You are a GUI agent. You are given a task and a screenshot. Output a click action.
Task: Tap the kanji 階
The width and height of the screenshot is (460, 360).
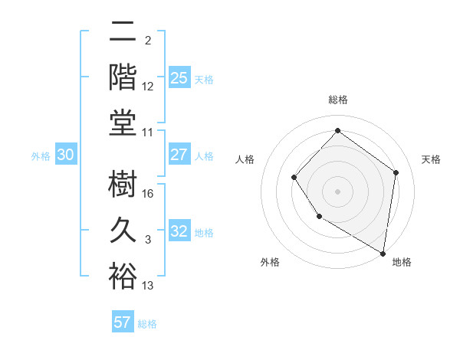(123, 77)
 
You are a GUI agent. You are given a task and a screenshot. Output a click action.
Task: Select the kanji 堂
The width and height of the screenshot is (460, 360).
(123, 123)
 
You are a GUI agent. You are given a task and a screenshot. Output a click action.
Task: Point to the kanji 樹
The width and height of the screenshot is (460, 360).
(123, 185)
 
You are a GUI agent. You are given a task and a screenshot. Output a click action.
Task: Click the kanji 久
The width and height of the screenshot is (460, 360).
(123, 231)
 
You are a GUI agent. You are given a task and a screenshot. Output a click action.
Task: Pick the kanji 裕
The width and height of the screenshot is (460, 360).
(123, 276)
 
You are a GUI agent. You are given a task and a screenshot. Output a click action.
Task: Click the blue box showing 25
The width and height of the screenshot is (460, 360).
(179, 77)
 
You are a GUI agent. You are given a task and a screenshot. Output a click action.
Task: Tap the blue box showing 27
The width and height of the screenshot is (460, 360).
(179, 155)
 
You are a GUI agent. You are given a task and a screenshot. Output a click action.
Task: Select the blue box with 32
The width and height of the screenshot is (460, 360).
(179, 231)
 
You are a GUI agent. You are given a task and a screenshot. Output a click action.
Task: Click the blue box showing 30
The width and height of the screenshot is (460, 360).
(66, 155)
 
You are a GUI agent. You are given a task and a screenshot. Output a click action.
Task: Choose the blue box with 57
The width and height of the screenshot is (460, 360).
(123, 322)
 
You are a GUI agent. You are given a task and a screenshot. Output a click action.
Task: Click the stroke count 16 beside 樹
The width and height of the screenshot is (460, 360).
(149, 194)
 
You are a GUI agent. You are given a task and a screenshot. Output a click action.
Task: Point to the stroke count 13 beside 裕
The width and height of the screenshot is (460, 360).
(149, 286)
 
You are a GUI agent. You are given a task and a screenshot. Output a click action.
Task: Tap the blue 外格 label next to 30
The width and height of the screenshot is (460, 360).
(41, 156)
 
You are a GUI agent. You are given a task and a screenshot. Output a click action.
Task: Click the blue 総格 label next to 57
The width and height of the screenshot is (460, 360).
(147, 324)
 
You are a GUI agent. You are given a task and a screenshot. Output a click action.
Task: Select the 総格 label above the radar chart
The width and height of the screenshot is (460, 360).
(337, 100)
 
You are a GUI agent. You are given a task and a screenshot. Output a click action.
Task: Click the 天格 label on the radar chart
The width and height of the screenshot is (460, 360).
(431, 159)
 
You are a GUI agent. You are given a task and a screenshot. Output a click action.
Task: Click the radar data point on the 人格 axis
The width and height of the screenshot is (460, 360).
(294, 178)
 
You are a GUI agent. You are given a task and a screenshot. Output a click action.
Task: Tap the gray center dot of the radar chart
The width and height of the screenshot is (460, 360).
(337, 191)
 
